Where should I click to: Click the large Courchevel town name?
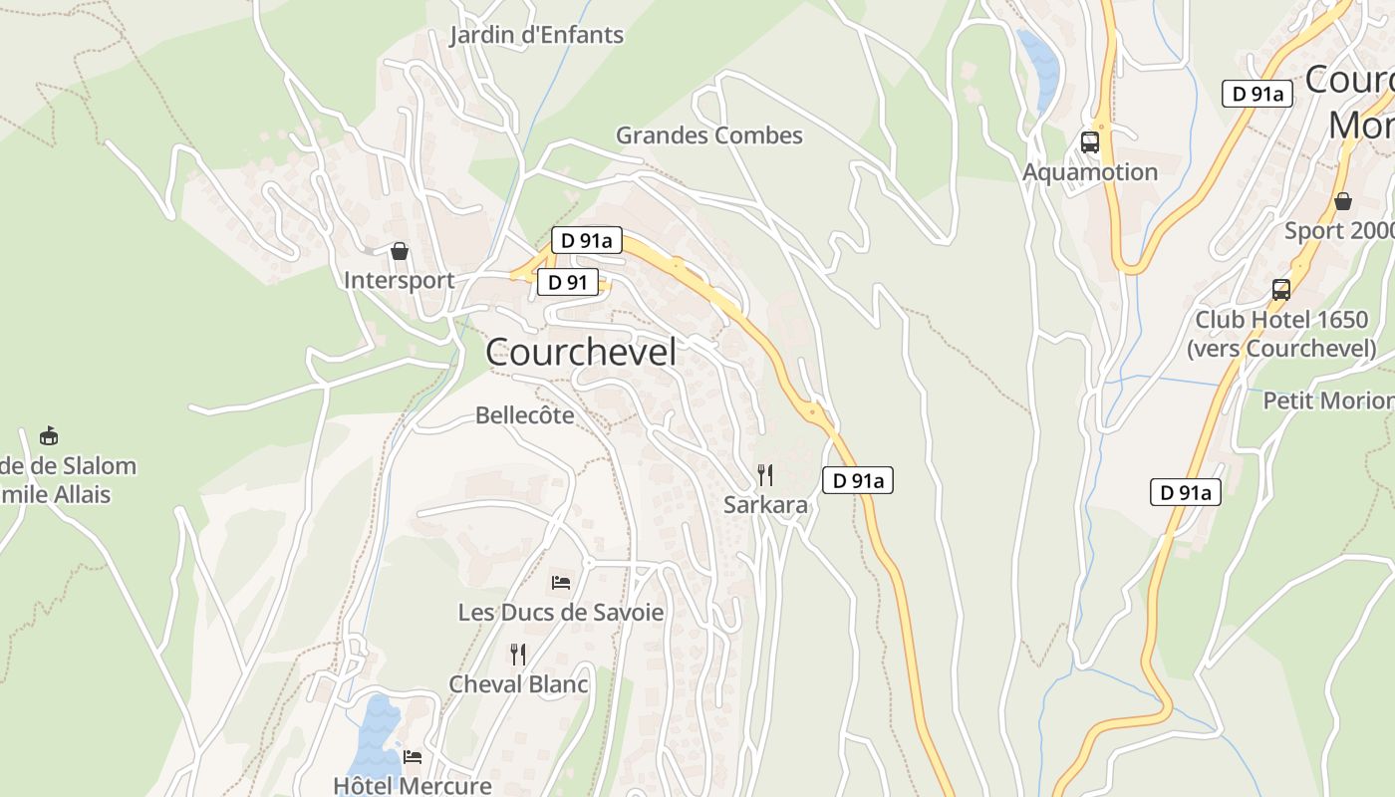tap(581, 353)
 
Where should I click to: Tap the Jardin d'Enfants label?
tap(536, 36)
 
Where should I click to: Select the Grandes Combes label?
tap(708, 135)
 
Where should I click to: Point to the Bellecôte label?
tap(525, 415)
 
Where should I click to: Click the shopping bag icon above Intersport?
tap(400, 251)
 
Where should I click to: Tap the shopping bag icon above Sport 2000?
tap(1343, 201)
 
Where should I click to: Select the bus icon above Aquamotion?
tap(1090, 142)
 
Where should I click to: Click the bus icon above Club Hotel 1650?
tap(1281, 290)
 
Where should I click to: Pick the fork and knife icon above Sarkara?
tap(765, 474)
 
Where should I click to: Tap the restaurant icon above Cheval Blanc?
tap(518, 655)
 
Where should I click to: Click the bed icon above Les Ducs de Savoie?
tap(561, 582)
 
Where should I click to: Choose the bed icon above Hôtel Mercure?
tap(413, 757)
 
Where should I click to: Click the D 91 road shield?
tap(568, 283)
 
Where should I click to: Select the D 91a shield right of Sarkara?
tap(858, 481)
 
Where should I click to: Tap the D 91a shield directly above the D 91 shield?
tap(587, 240)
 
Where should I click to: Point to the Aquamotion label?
tap(1090, 172)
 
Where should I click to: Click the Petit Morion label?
tap(1328, 400)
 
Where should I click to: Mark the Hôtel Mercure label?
tap(413, 785)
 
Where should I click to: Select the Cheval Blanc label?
tap(518, 684)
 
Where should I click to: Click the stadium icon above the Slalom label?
tap(48, 435)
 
